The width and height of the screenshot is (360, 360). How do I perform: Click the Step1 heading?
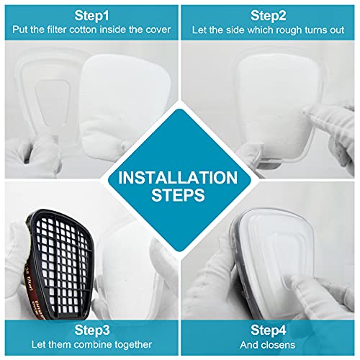coord(91,16)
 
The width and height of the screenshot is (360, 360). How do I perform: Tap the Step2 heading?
coord(269,16)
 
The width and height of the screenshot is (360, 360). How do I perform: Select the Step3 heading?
coord(92,330)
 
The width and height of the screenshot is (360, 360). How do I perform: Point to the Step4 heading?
coord(269,330)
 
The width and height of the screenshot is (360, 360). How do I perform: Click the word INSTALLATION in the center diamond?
coord(178,178)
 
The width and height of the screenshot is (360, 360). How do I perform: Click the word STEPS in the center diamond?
coord(178,194)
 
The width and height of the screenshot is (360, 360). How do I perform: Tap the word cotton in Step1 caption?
coord(84,30)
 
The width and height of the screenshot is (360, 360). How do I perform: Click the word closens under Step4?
coord(278,345)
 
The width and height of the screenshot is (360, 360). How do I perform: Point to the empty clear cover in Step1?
coord(50,95)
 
